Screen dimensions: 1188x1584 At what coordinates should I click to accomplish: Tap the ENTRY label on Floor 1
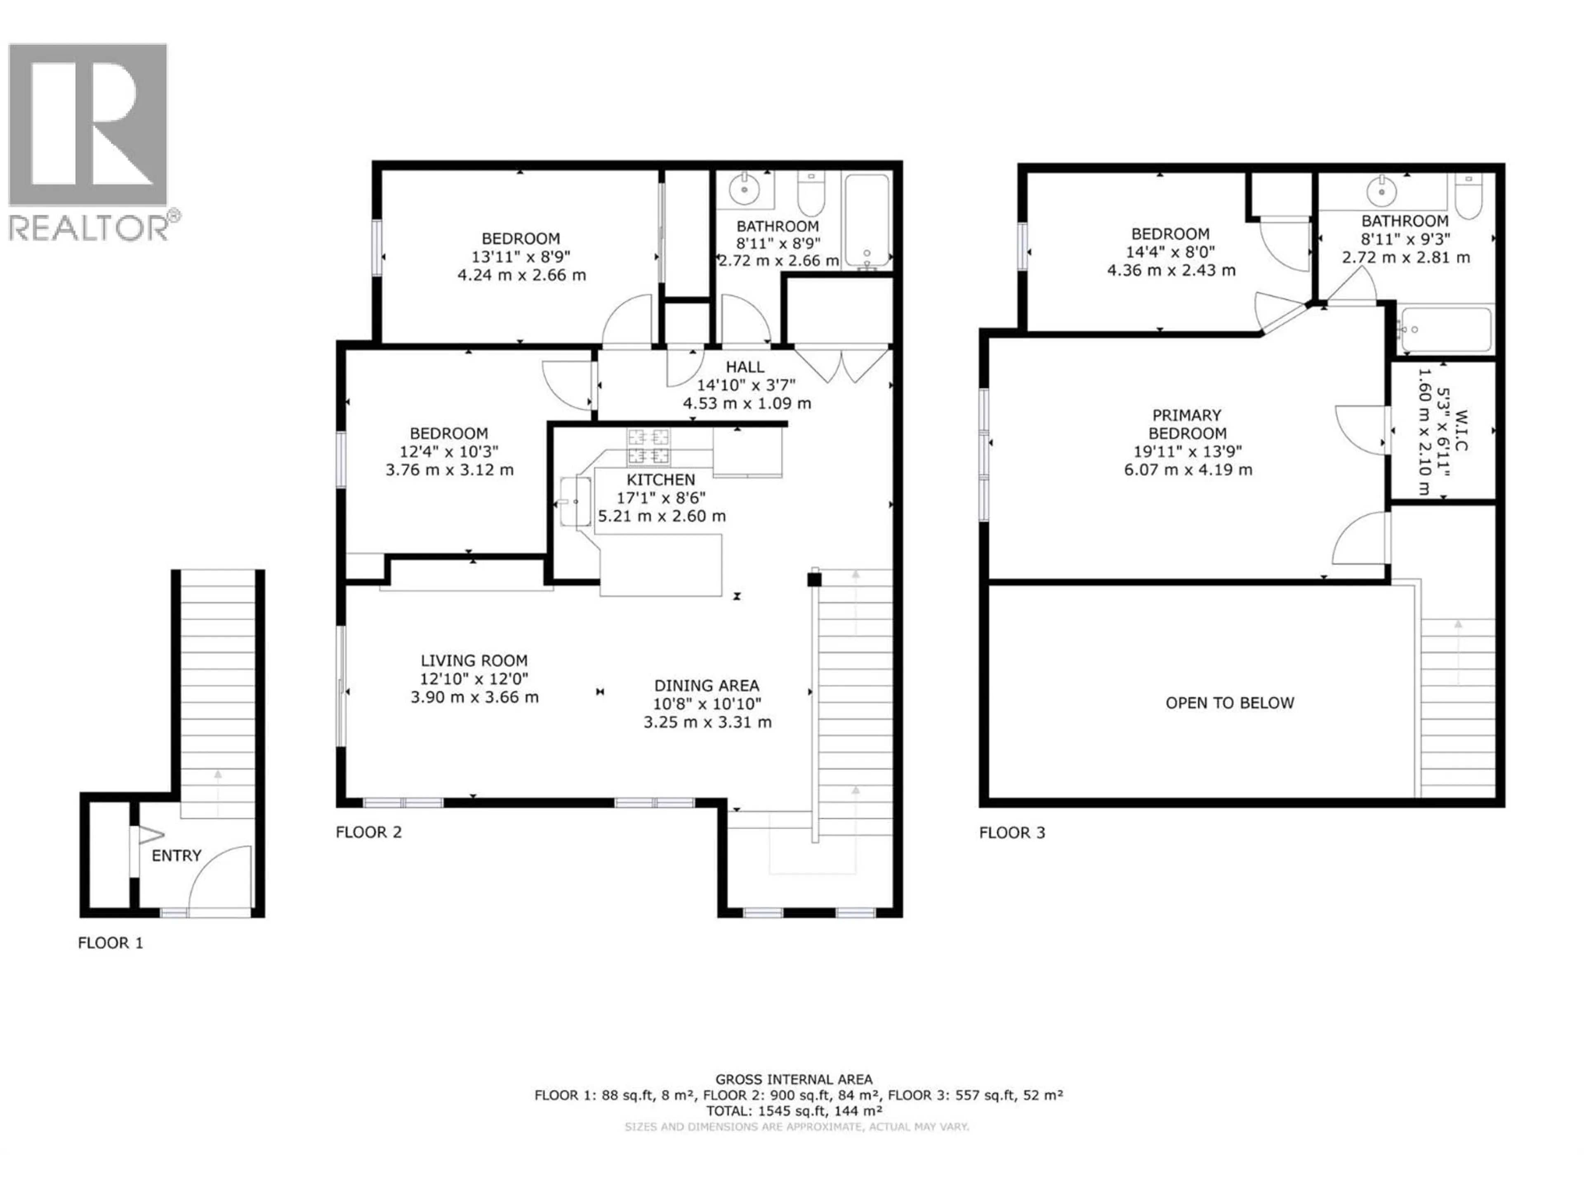point(176,856)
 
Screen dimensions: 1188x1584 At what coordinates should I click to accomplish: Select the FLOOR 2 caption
point(369,832)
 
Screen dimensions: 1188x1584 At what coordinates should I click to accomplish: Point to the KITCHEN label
point(660,480)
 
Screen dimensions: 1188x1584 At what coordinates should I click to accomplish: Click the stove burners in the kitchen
point(649,446)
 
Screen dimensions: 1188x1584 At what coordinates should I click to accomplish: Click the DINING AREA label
point(706,685)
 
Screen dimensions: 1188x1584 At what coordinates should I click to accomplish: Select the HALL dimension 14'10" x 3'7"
point(745,385)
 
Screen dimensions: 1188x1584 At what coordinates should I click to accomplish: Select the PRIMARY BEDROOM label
point(1187,424)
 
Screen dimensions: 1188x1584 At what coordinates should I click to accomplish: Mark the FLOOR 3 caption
point(1012,832)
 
